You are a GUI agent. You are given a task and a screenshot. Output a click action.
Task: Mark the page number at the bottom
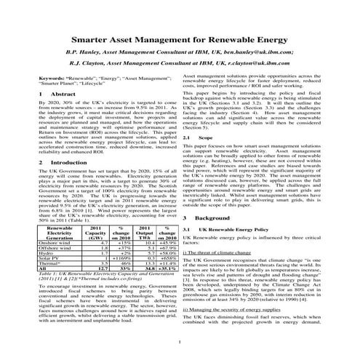[180, 340]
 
